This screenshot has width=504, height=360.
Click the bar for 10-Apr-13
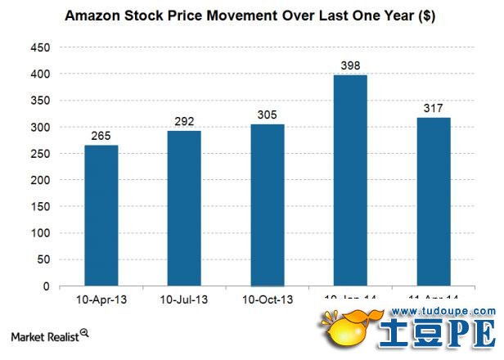[101, 216]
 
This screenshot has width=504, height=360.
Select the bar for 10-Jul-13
[184, 209]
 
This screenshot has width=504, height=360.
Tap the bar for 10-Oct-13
[268, 205]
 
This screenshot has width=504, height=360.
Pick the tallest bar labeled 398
[350, 181]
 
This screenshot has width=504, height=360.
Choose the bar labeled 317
[434, 202]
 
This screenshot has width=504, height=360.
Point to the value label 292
[184, 122]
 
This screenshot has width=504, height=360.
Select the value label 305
[268, 115]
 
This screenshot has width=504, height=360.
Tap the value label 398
[350, 65]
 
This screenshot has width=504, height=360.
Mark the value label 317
[434, 108]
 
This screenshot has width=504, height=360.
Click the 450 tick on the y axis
[40, 47]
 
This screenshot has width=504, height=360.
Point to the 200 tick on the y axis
[40, 180]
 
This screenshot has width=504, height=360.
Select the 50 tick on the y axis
[43, 260]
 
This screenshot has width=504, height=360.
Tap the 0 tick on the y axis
[47, 286]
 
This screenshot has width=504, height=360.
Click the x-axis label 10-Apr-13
[101, 299]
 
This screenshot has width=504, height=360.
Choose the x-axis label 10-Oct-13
[268, 299]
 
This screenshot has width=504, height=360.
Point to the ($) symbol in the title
[425, 16]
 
